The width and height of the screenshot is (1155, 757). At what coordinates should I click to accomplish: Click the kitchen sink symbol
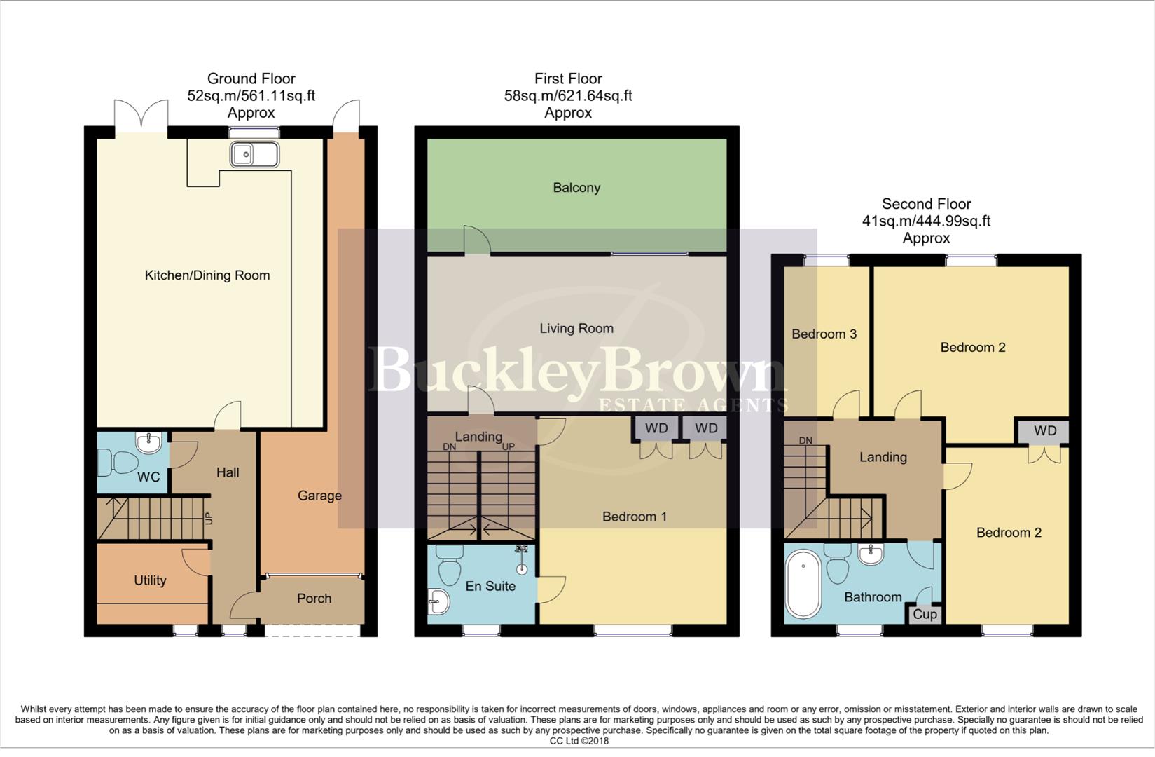pyautogui.click(x=256, y=154)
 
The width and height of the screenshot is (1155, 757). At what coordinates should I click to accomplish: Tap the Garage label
pyautogui.click(x=319, y=496)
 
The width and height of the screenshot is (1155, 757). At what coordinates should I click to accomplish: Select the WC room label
pyautogui.click(x=148, y=477)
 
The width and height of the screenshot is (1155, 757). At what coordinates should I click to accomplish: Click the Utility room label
pyautogui.click(x=150, y=580)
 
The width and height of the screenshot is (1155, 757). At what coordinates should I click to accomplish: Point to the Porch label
pyautogui.click(x=314, y=599)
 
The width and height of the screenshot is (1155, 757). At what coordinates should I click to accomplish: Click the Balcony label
pyautogui.click(x=576, y=188)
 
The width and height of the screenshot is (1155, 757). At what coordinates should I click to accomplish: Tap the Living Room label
pyautogui.click(x=576, y=328)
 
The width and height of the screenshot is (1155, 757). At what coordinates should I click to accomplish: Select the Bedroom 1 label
pyautogui.click(x=635, y=517)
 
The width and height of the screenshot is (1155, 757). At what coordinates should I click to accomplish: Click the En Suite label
pyautogui.click(x=490, y=586)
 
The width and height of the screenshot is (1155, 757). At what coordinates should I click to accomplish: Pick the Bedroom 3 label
pyautogui.click(x=824, y=334)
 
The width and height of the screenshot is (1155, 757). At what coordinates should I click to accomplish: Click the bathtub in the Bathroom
pyautogui.click(x=803, y=583)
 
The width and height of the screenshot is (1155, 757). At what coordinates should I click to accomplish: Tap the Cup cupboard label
pyautogui.click(x=925, y=615)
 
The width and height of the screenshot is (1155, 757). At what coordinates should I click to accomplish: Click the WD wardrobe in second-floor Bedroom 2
pyautogui.click(x=1044, y=431)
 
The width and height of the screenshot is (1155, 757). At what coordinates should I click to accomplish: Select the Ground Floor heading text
pyautogui.click(x=251, y=79)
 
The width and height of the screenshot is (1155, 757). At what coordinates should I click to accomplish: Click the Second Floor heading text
pyautogui.click(x=926, y=204)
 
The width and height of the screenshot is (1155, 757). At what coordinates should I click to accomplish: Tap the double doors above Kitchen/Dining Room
pyautogui.click(x=141, y=114)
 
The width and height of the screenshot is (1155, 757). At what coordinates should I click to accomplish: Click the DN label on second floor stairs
pyautogui.click(x=805, y=441)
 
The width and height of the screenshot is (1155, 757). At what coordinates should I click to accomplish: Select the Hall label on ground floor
pyautogui.click(x=228, y=472)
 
